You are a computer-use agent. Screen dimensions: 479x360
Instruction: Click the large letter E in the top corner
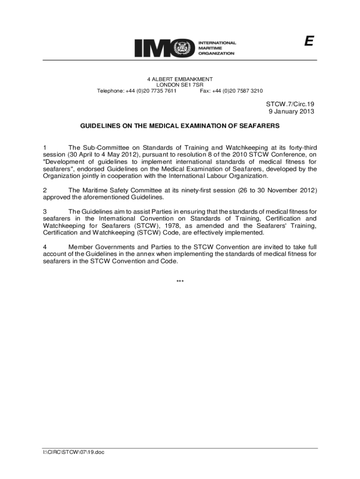(308, 42)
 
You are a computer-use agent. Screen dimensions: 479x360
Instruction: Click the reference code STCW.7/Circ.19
(290, 104)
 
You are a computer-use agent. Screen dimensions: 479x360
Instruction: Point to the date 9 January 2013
(291, 111)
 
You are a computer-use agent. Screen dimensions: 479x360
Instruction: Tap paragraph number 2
(45, 190)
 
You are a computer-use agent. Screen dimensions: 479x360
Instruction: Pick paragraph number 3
(45, 211)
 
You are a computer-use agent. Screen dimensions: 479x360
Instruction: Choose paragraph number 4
(45, 247)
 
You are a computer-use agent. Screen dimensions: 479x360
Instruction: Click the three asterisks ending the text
(180, 282)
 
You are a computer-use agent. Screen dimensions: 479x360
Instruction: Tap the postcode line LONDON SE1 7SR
(180, 85)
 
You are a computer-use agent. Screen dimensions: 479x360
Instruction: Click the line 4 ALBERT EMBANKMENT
(180, 80)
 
